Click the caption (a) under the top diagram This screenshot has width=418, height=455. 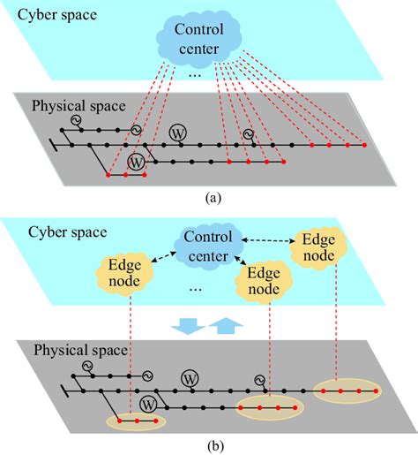pos(212,197)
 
